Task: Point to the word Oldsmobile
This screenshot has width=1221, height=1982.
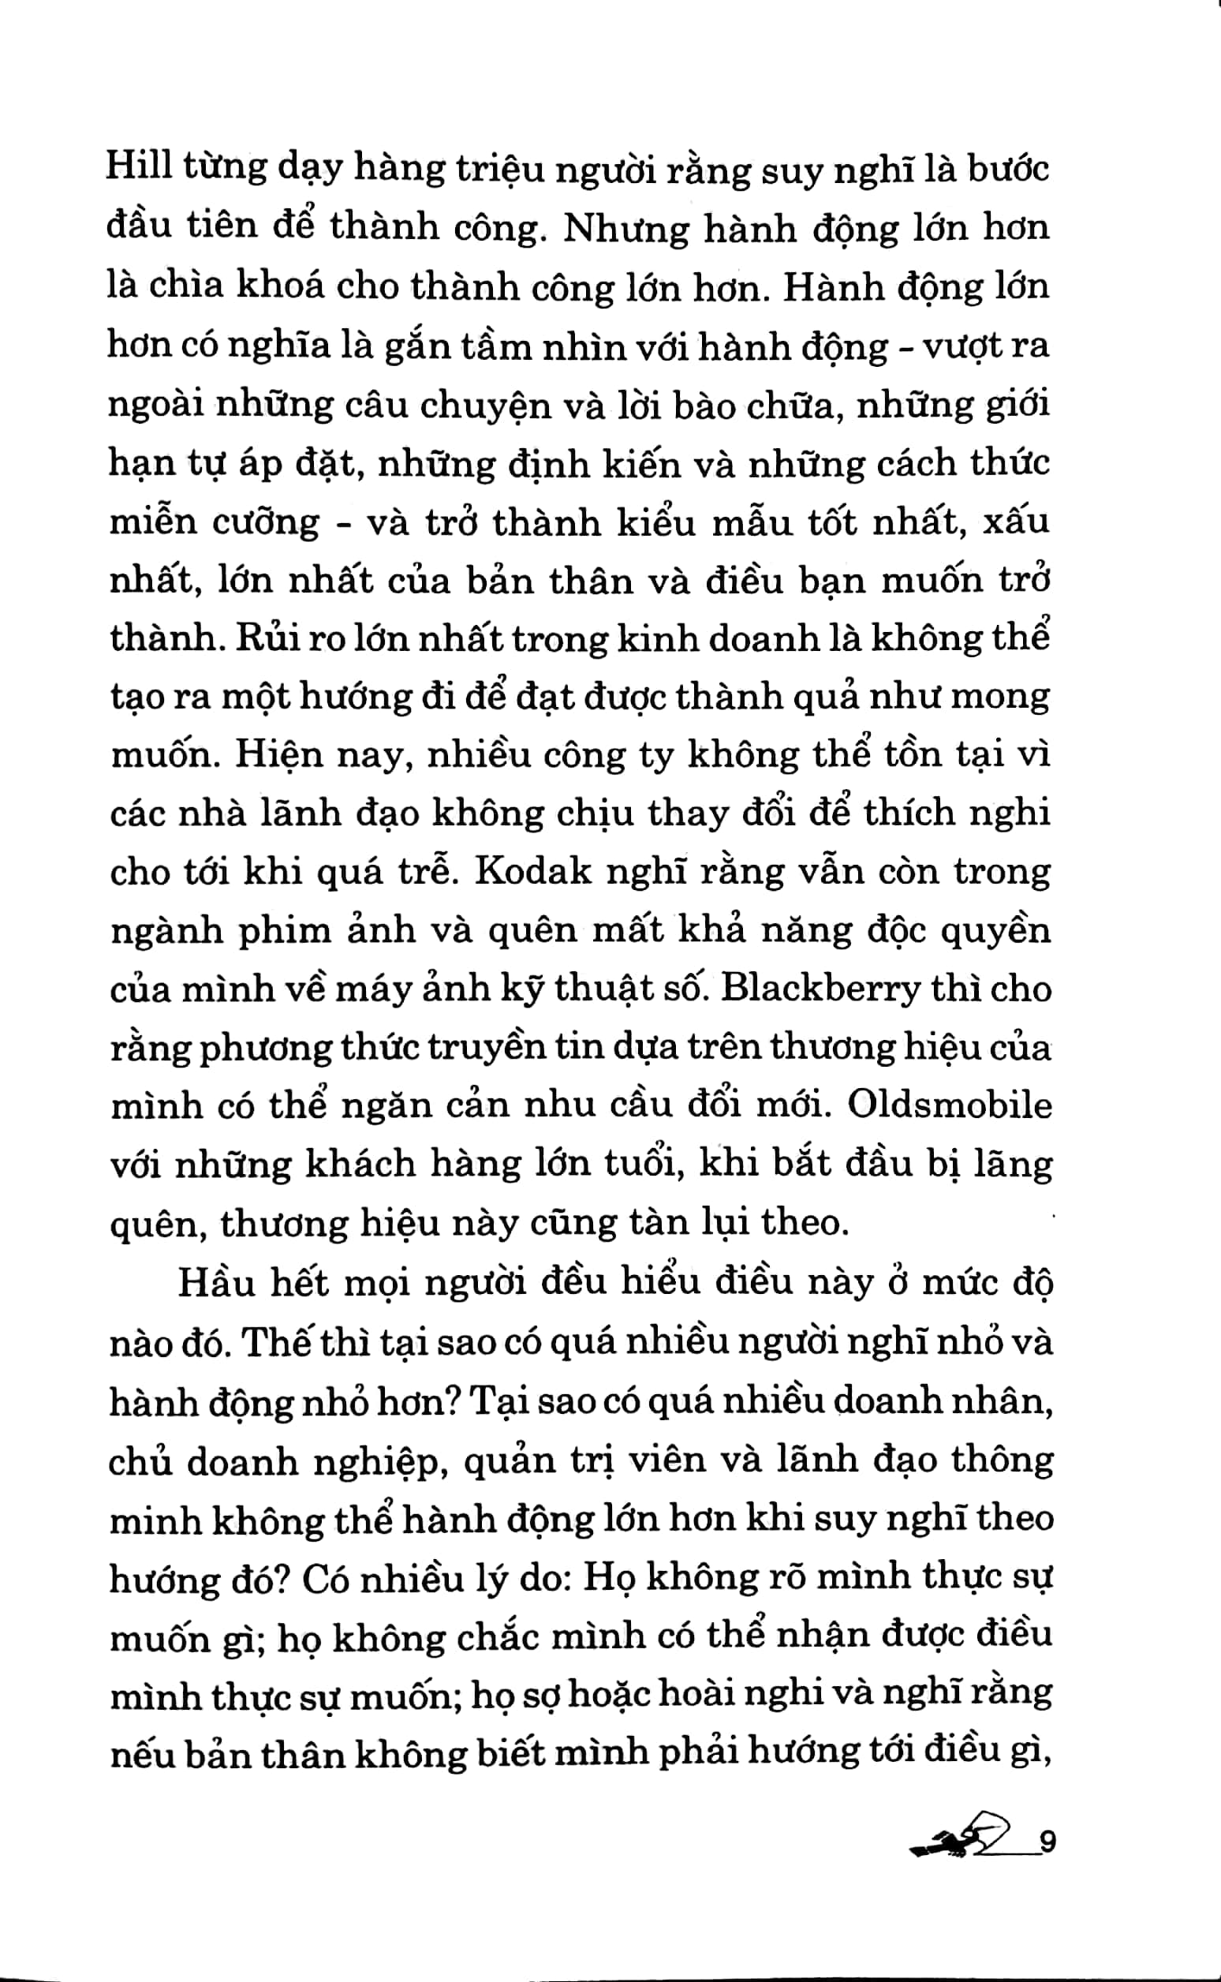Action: coord(950,1105)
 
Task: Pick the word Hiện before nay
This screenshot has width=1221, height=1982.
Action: coord(279,755)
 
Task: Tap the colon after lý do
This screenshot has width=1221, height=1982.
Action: coord(573,1578)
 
